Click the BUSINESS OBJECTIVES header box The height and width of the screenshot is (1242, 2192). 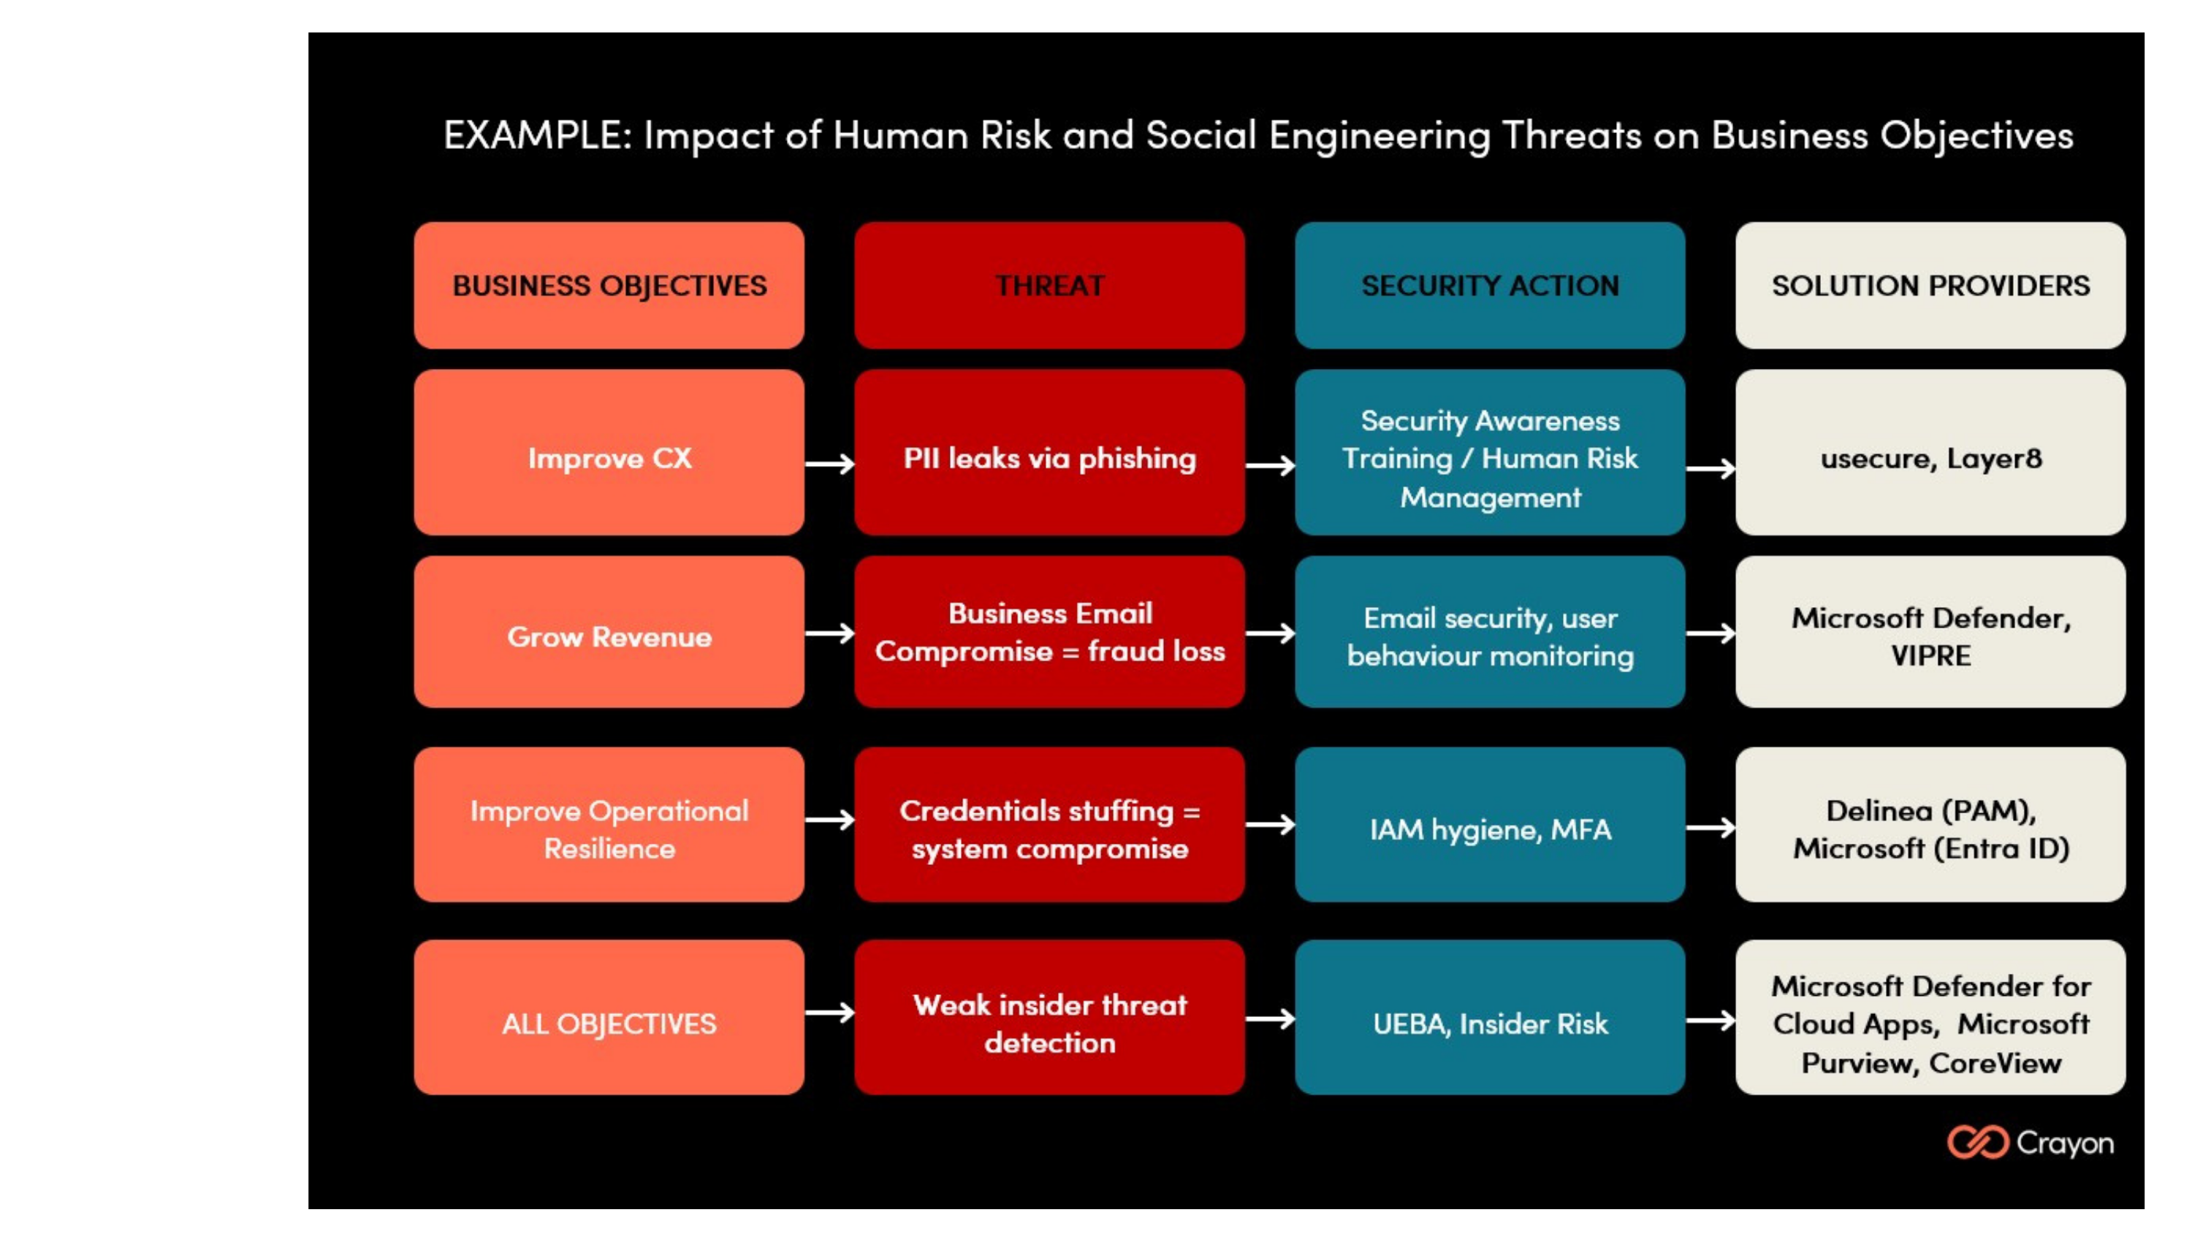pos(609,286)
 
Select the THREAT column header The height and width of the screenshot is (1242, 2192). pos(1049,286)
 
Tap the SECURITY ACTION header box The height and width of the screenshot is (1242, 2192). pos(1489,286)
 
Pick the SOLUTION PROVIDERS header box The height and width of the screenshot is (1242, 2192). pos(1930,286)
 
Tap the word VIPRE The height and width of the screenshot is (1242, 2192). pos(1930,656)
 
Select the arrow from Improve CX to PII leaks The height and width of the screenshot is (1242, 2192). pos(829,464)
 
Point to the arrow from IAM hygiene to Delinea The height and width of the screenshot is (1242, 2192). pos(1710,828)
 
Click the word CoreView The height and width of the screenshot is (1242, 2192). pos(1994,1064)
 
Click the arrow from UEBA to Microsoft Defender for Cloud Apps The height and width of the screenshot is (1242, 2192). pos(1710,1020)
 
